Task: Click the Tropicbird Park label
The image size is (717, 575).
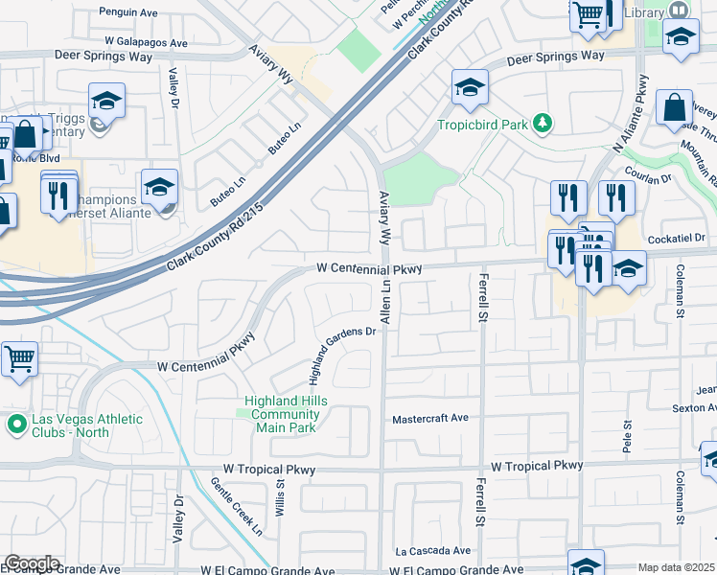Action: (482, 125)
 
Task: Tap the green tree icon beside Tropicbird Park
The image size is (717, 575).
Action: (544, 124)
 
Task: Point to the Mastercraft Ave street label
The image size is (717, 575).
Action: (430, 419)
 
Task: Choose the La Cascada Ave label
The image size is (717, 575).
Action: (433, 551)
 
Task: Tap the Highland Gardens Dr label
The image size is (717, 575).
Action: (342, 351)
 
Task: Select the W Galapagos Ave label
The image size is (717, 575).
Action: (147, 43)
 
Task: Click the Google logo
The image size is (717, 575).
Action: (32, 563)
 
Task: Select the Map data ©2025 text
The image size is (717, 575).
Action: (677, 567)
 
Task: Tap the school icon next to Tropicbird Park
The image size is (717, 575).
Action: (470, 89)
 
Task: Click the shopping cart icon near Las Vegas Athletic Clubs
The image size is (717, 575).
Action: (19, 359)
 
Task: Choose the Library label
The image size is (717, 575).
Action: (642, 12)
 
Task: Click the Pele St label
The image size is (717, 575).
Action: (629, 436)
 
